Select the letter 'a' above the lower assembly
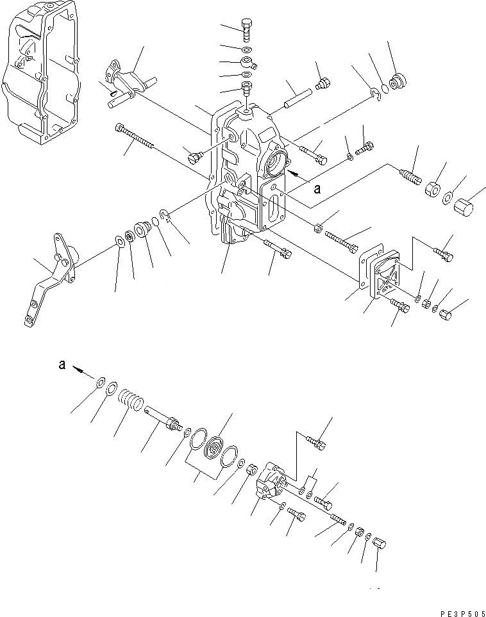[62, 365]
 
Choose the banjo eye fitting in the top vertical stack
[248, 63]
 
